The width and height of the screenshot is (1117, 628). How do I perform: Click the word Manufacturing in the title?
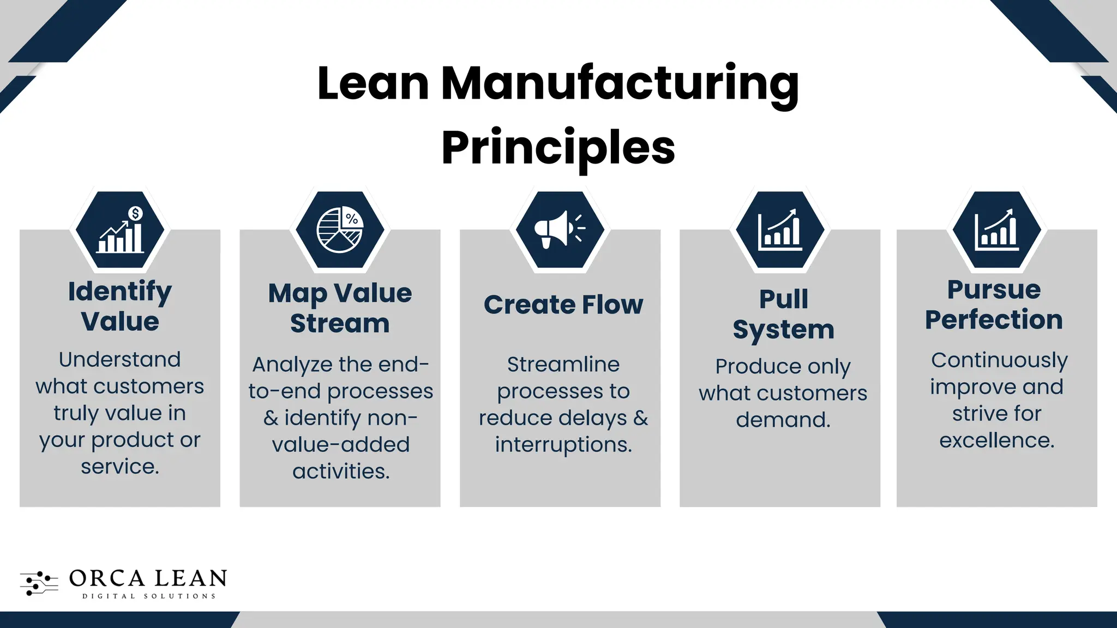620,84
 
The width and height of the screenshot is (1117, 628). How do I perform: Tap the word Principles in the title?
558,147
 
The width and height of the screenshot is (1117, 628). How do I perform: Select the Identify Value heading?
120,306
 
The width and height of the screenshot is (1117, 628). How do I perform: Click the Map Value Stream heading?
340,308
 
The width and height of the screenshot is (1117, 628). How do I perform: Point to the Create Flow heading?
563,304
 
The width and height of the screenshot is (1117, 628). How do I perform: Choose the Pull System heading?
783,314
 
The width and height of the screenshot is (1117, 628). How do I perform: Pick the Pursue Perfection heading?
994,304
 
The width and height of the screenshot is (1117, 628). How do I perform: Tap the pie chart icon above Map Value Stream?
339,230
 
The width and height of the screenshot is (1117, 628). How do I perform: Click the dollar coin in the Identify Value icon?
135,213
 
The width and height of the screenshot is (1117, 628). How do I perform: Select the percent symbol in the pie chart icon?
352,219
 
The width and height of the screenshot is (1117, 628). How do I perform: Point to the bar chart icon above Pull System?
780,230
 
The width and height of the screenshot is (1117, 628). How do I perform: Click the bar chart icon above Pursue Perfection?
996,230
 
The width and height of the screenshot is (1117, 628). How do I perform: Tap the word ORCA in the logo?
107,578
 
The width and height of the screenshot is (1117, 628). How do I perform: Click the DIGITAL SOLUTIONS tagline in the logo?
149,596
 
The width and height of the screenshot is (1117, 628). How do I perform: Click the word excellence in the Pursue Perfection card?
996,440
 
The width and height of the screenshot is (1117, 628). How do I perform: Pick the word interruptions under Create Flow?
563,445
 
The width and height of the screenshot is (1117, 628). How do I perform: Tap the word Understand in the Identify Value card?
119,359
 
